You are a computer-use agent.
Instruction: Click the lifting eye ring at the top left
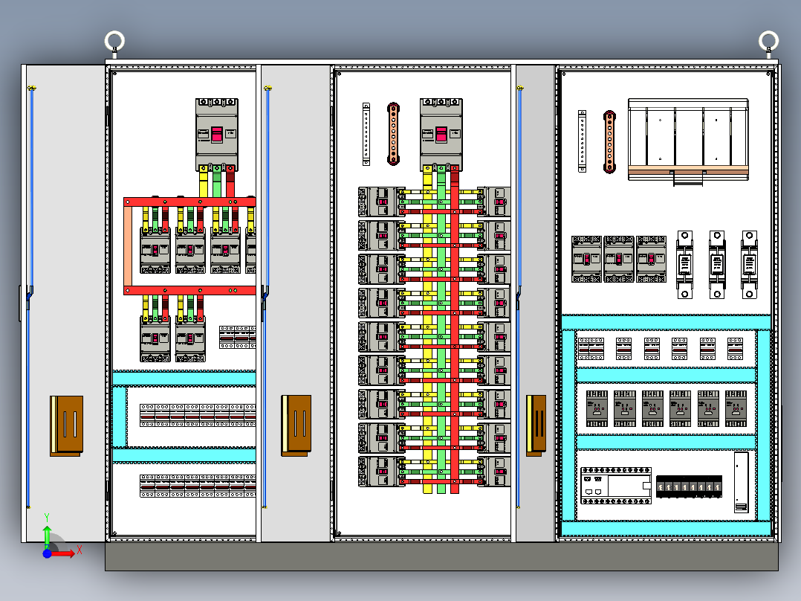(x=114, y=39)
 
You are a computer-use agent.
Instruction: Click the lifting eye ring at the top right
(x=768, y=39)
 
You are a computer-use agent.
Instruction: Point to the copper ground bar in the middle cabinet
(x=393, y=134)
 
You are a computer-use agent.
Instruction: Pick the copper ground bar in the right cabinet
(x=609, y=141)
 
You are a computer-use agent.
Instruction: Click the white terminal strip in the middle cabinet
(x=366, y=134)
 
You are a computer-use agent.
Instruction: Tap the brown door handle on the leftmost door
(x=67, y=425)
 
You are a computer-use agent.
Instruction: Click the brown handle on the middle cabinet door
(x=296, y=425)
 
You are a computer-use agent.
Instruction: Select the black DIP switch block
(x=689, y=486)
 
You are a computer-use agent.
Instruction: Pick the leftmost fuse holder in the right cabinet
(x=684, y=265)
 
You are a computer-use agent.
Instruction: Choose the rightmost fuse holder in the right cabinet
(x=749, y=265)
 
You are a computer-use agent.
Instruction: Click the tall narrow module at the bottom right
(x=741, y=482)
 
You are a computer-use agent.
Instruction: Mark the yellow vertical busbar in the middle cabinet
(x=427, y=335)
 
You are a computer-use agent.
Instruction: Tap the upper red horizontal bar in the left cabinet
(x=189, y=202)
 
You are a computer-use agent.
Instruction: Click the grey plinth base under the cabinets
(x=441, y=556)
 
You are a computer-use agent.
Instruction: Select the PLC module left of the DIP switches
(x=616, y=483)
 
